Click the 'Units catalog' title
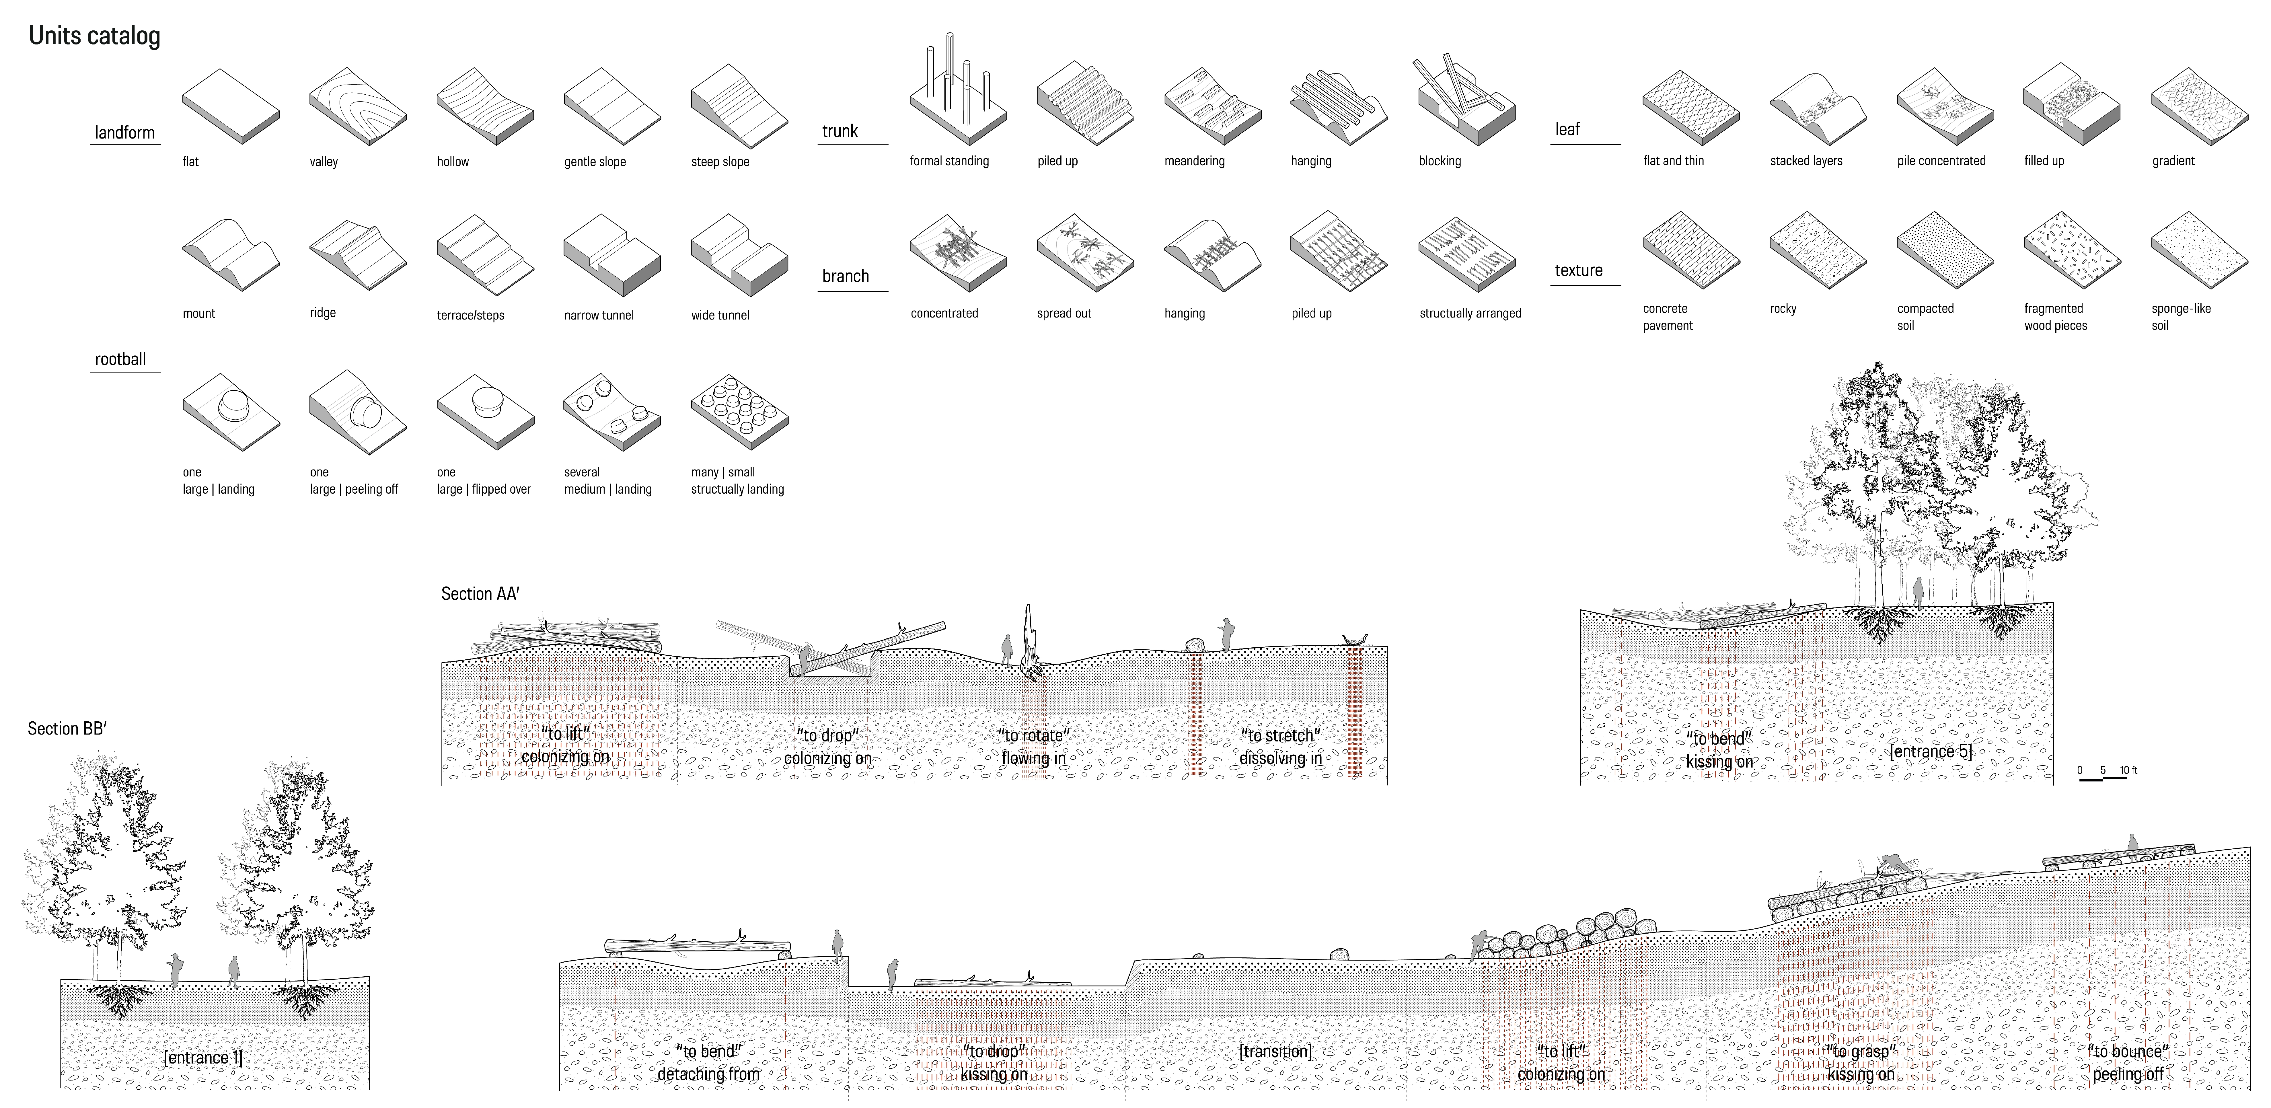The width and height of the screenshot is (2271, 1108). click(94, 36)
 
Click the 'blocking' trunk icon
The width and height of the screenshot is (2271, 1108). click(1465, 104)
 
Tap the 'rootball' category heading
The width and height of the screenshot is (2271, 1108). click(121, 360)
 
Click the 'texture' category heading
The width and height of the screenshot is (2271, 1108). click(1578, 270)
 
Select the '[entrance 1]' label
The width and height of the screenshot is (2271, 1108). click(203, 1058)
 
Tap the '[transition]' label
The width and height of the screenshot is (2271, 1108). click(1275, 1051)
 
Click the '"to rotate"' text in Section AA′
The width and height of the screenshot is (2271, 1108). click(1034, 735)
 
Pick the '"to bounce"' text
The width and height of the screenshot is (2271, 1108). click(2127, 1051)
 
